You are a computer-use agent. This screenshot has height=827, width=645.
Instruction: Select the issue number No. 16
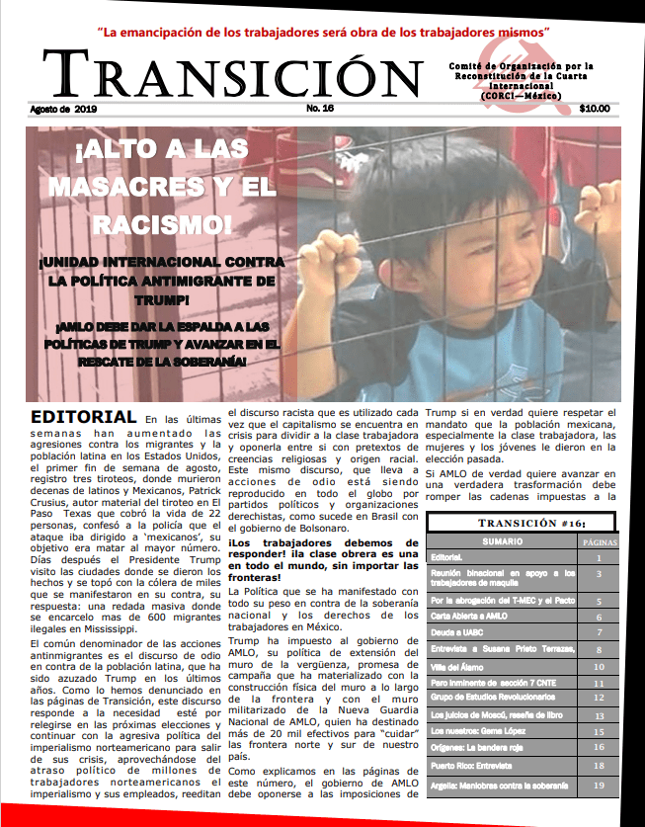[x=321, y=108]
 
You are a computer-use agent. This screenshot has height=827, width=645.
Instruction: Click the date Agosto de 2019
[x=64, y=108]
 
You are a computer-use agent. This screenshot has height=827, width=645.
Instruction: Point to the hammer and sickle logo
[x=533, y=77]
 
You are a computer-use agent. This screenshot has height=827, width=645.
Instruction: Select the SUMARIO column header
[x=502, y=542]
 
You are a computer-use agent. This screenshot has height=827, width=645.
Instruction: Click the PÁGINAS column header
[x=599, y=542]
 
